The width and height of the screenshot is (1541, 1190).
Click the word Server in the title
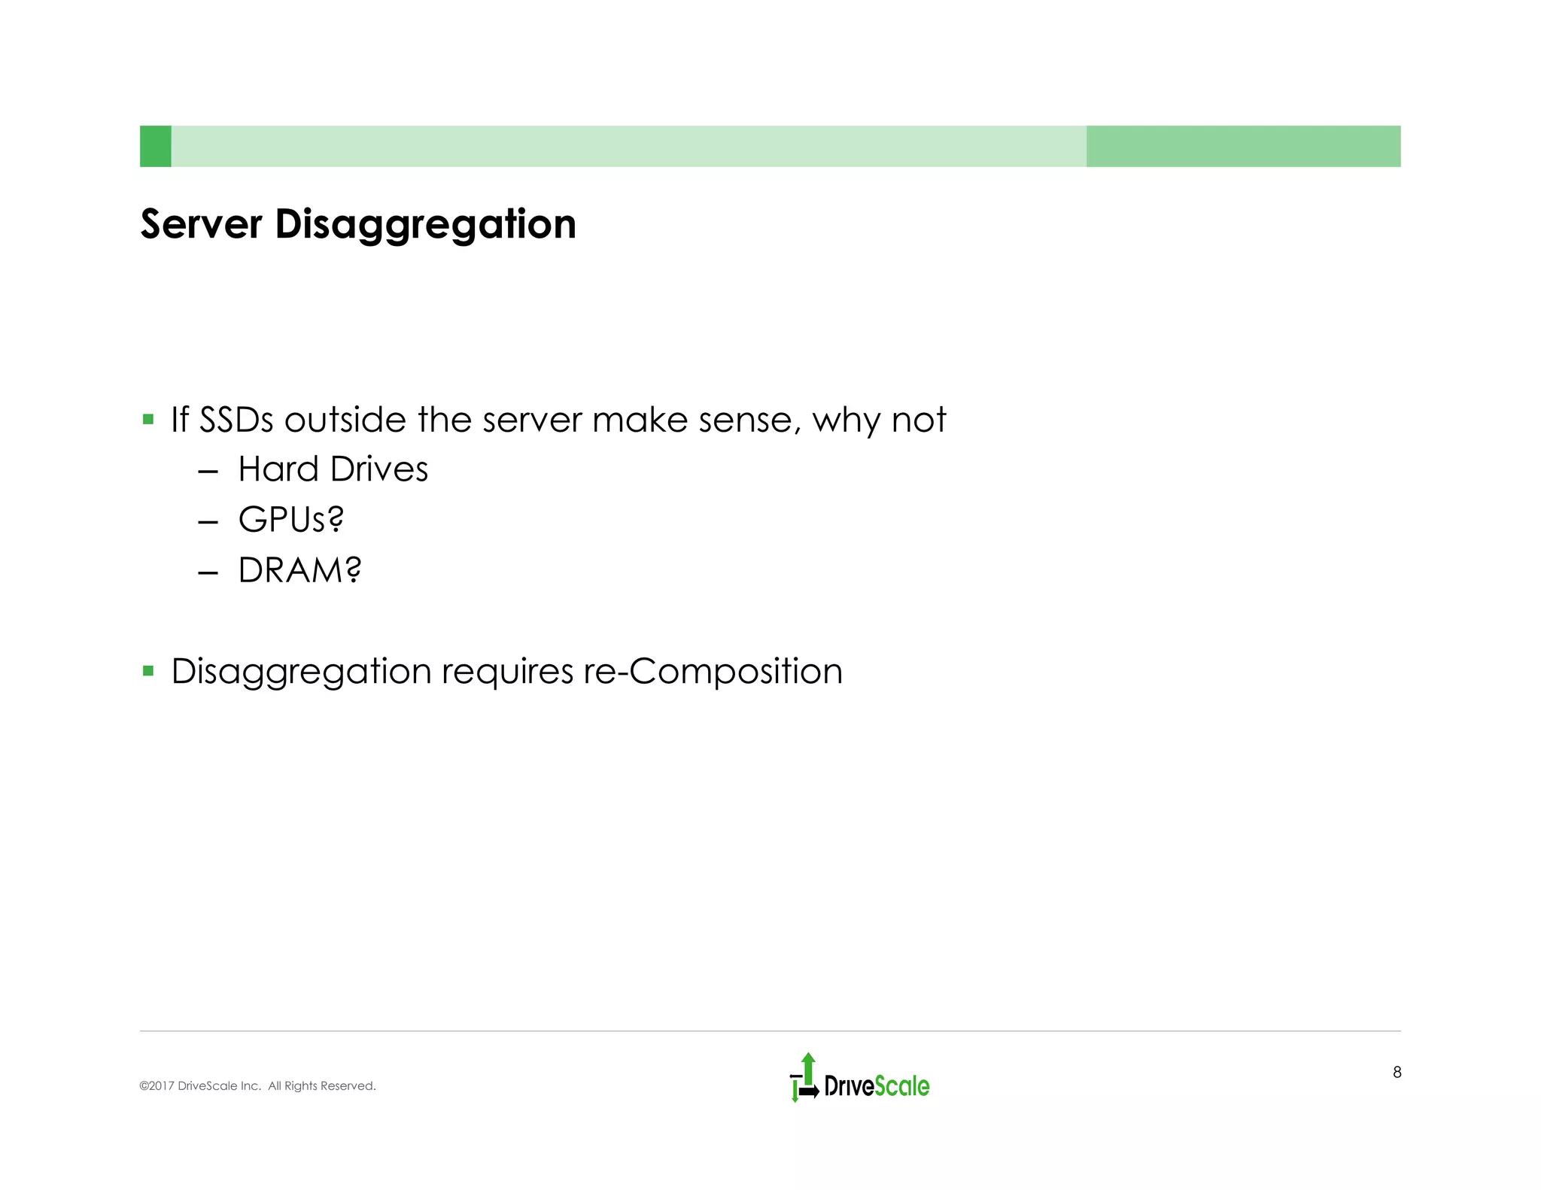(201, 224)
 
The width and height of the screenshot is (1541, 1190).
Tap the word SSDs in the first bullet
(236, 420)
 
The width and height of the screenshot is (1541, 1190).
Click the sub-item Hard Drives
(333, 469)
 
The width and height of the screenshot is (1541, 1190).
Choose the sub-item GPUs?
(290, 520)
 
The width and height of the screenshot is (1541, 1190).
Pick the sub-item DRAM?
(299, 570)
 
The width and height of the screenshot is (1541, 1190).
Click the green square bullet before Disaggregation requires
(148, 670)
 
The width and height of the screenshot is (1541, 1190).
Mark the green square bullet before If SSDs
(148, 419)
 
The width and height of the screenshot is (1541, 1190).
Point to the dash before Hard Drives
(208, 472)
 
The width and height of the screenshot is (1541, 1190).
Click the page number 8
(1397, 1073)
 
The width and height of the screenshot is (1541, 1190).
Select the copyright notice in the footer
(257, 1086)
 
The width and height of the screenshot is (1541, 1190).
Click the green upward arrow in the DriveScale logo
(808, 1067)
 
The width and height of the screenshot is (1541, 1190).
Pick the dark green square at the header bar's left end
(156, 146)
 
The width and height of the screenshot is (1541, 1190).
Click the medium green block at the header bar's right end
(1243, 146)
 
